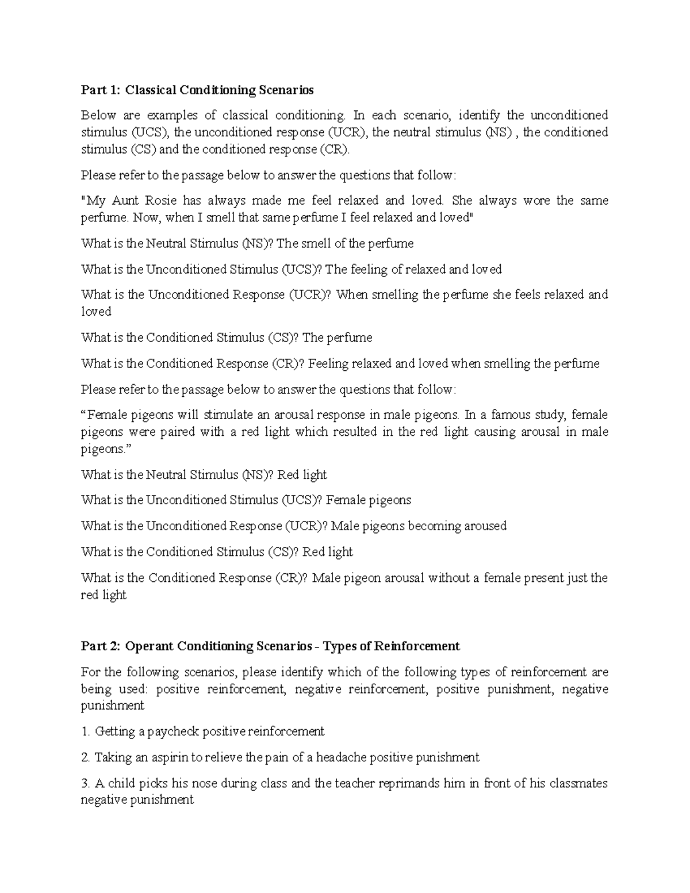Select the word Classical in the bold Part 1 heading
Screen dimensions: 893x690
[x=151, y=90]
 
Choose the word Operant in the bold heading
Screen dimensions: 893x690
[x=149, y=646]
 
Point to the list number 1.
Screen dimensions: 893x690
[x=86, y=732]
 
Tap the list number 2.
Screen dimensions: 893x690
[x=86, y=758]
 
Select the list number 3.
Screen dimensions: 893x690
[x=86, y=783]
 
